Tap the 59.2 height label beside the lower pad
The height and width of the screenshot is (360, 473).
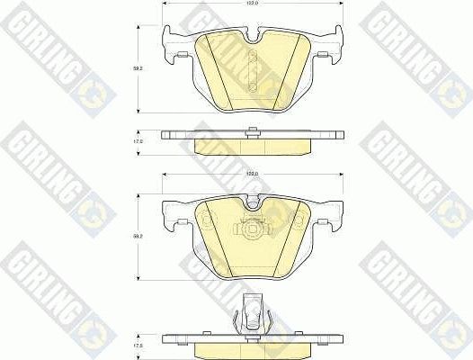point(138,236)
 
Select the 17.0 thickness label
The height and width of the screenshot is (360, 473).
point(138,141)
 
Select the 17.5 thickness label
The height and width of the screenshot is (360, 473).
point(138,344)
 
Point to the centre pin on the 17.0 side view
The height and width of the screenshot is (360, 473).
point(248,132)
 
